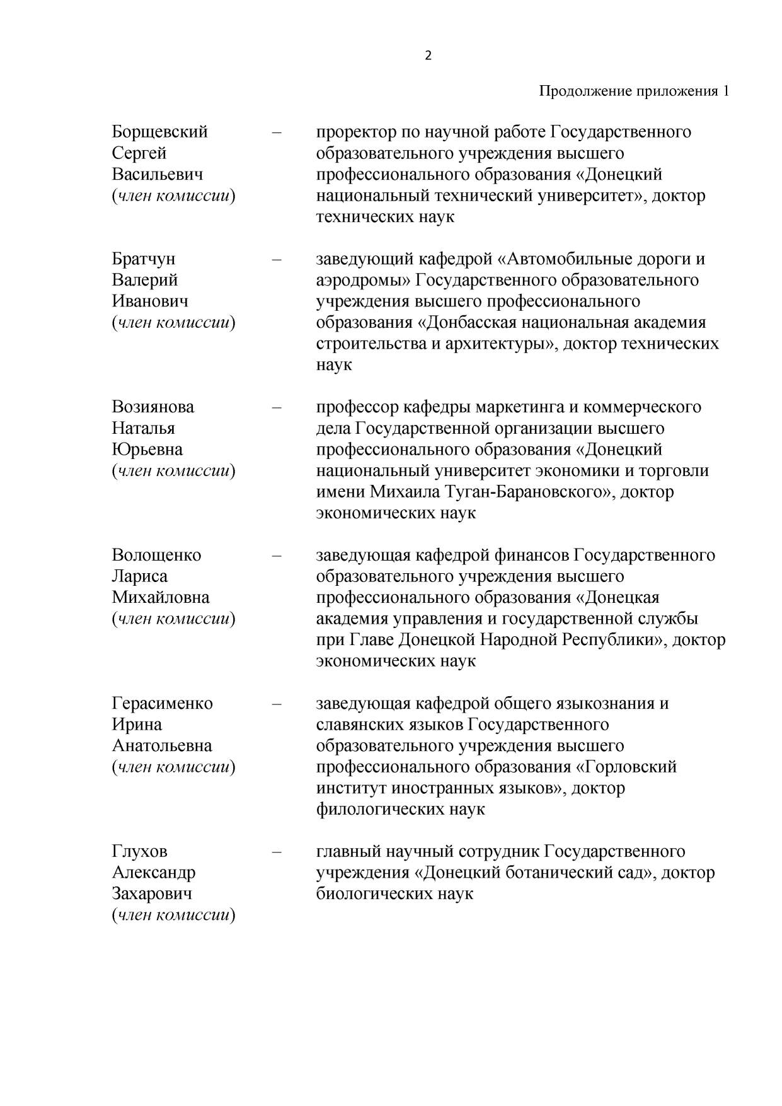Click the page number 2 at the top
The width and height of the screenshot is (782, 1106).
(x=428, y=56)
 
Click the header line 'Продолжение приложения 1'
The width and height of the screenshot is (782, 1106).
(x=634, y=91)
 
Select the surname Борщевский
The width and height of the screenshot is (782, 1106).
(x=159, y=132)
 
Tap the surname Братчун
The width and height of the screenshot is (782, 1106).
(x=144, y=259)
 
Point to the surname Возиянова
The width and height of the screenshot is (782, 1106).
(x=153, y=407)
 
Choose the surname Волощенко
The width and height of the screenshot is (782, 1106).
(x=156, y=555)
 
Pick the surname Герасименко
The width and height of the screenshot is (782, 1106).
(x=162, y=703)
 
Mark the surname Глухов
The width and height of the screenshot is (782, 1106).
(x=140, y=851)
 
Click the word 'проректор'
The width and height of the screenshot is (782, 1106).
(x=356, y=132)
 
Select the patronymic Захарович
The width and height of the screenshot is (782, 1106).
(x=152, y=894)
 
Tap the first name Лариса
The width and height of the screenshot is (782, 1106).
(x=140, y=576)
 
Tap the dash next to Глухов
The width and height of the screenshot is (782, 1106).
(x=277, y=851)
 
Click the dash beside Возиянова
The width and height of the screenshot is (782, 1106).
(x=277, y=407)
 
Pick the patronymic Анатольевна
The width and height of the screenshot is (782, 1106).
(x=162, y=745)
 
